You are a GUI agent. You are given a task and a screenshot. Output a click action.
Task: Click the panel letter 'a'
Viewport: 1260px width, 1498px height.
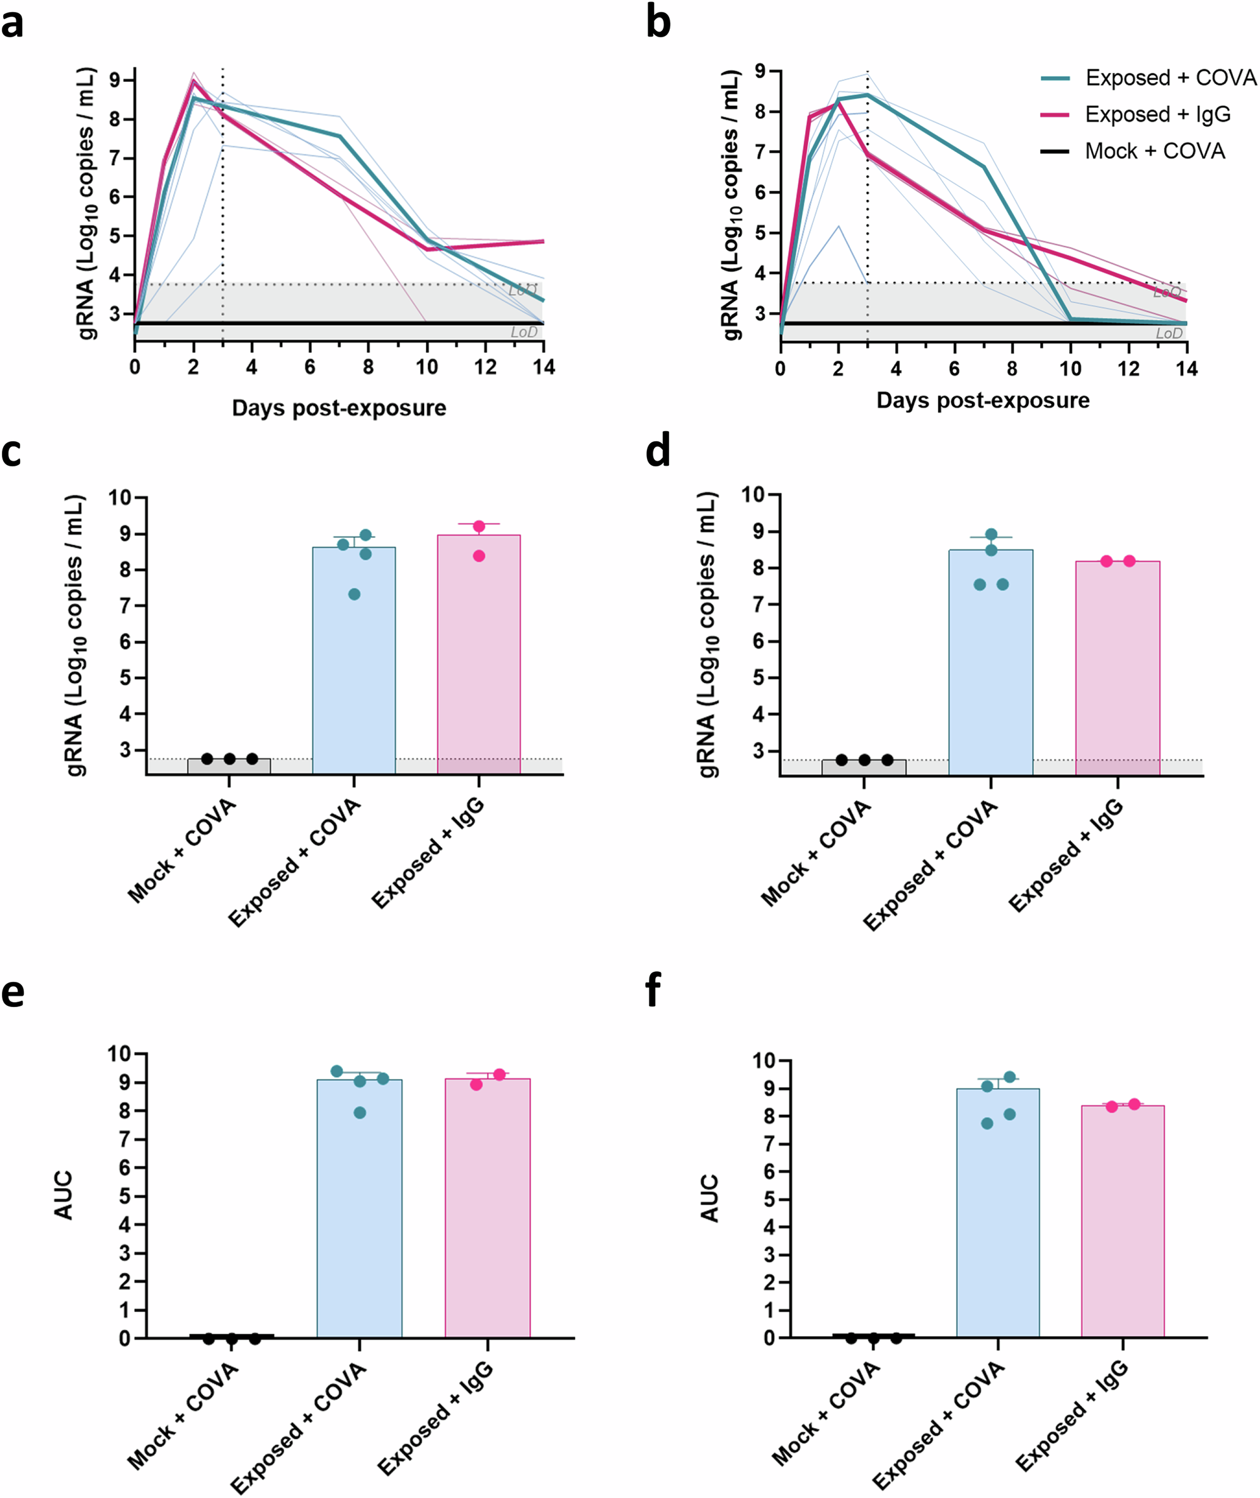click(x=12, y=23)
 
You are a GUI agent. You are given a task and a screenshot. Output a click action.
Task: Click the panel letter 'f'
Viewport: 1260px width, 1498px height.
click(x=652, y=992)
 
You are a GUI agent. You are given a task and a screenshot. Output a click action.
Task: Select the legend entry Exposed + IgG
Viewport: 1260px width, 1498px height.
click(x=1157, y=114)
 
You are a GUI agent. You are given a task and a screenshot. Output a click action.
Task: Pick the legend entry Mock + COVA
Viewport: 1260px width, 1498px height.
click(x=1154, y=151)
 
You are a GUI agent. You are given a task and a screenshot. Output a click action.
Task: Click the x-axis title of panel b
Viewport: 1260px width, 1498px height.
click(x=983, y=400)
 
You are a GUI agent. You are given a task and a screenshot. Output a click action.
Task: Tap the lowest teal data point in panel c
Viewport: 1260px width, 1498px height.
click(x=354, y=594)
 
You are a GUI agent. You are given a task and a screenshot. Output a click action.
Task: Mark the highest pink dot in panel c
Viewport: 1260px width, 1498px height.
click(x=479, y=526)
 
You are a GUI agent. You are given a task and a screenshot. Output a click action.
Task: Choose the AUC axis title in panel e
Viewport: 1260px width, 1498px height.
click(x=64, y=1194)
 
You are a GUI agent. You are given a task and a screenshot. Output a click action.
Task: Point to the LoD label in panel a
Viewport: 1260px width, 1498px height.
click(x=524, y=332)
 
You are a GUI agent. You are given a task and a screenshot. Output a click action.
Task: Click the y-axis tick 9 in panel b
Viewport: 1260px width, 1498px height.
click(x=760, y=71)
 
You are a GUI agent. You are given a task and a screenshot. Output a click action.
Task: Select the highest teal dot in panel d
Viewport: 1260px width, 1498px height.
click(x=992, y=534)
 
